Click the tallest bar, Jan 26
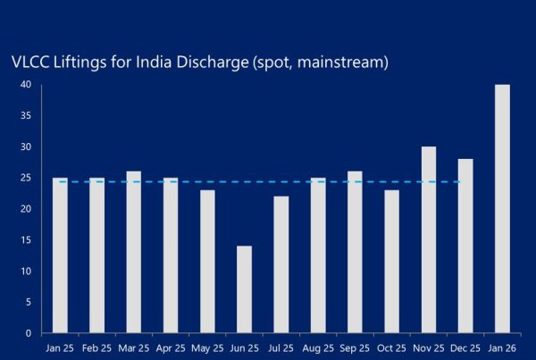tap(502, 209)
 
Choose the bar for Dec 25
tap(465, 246)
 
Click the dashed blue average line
tap(268, 182)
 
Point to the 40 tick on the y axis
tap(26, 85)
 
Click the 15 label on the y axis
tap(26, 240)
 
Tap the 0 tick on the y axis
tap(29, 333)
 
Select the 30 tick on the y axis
tap(26, 147)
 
